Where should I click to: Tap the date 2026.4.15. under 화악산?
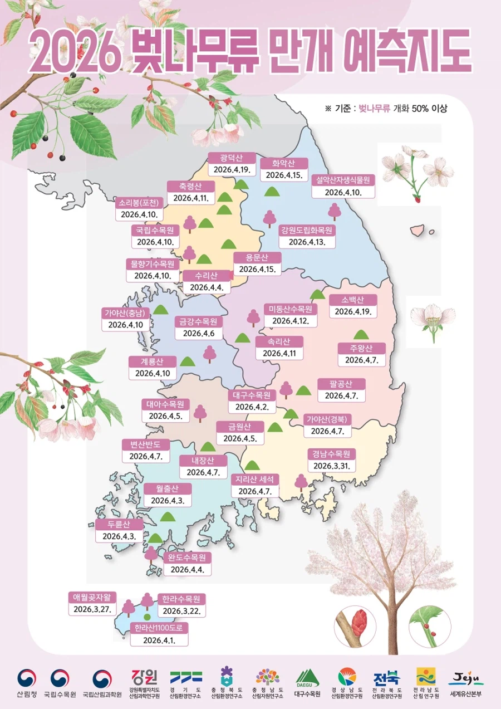pos(283,175)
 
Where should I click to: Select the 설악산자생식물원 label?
pos(343,179)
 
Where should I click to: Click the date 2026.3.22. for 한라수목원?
pos(181,611)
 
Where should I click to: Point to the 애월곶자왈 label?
pos(92,597)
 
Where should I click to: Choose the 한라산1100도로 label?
pos(159,628)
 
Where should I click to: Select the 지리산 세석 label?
pos(254,479)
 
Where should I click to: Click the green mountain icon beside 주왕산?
pos(361,334)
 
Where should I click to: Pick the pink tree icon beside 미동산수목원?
pos(253,317)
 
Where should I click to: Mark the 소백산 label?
pos(353,300)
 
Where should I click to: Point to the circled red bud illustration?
pos(355,627)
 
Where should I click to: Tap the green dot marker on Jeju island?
pos(147,617)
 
